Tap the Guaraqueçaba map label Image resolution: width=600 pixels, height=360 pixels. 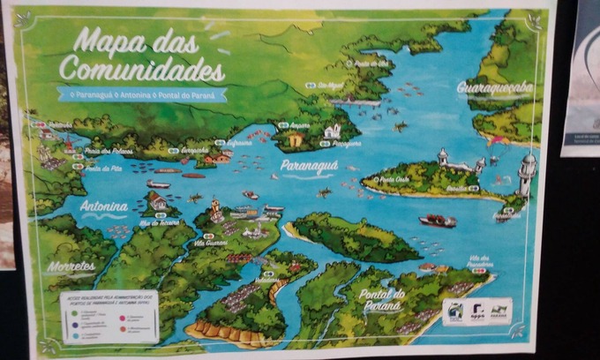[x=495, y=87]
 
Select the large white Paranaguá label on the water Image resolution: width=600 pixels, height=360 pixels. [x=309, y=165]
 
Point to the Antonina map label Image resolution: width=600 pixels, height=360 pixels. [x=104, y=206]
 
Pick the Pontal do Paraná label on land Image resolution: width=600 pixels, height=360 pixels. [x=383, y=299]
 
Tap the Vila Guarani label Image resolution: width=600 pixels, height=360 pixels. [x=211, y=242]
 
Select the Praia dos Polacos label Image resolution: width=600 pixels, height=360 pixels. [x=109, y=151]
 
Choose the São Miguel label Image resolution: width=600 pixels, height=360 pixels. [x=331, y=85]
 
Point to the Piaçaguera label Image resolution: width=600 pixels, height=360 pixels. [x=347, y=142]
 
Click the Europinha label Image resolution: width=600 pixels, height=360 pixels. [x=194, y=150]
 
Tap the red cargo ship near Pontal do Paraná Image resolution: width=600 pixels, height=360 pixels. [x=438, y=221]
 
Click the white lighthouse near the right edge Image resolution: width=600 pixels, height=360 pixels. [x=527, y=173]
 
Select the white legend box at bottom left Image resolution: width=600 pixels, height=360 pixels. [x=109, y=317]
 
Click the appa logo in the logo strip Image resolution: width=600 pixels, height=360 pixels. [x=476, y=311]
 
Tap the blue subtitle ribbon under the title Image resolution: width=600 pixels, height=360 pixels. [x=141, y=94]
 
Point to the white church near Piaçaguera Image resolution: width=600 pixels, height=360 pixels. [x=333, y=131]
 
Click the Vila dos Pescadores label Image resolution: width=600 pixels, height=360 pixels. [x=479, y=261]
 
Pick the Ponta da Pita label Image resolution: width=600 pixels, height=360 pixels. [x=104, y=168]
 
